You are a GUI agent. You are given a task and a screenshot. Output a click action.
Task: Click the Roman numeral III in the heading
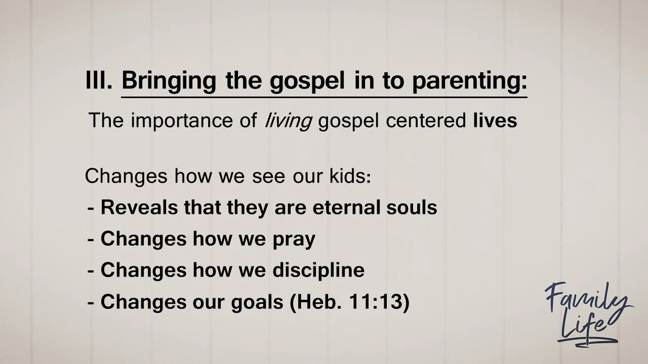[x=99, y=80]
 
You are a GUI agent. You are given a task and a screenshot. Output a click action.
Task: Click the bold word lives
[x=495, y=121]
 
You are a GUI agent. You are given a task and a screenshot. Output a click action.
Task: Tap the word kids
[x=349, y=176]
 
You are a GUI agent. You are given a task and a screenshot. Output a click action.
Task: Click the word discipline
[x=318, y=270]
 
